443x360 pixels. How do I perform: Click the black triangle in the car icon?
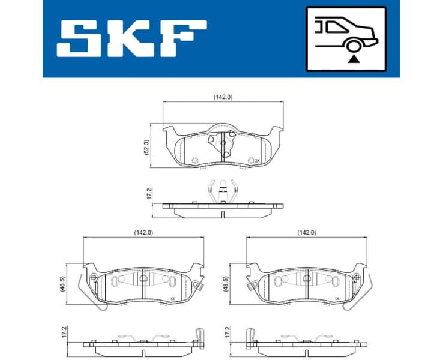[x=353, y=58]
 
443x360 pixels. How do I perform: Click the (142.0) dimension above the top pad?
[x=223, y=97]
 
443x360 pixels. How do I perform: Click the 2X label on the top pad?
[x=257, y=161]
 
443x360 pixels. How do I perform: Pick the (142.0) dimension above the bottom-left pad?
[x=143, y=232]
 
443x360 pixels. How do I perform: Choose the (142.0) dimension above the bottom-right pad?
[x=306, y=232]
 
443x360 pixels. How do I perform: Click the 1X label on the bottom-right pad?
[x=337, y=298]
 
